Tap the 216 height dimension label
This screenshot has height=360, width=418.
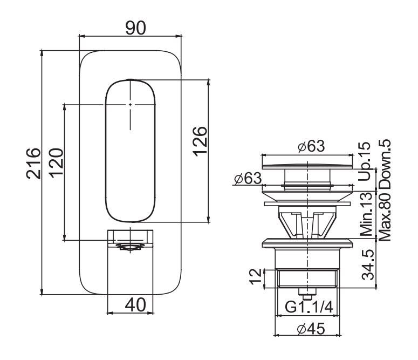click(33, 162)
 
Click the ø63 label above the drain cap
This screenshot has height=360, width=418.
click(309, 147)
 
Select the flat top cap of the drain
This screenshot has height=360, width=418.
click(307, 160)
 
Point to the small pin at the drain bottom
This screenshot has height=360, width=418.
click(307, 296)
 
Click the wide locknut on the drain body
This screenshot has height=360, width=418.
click(307, 243)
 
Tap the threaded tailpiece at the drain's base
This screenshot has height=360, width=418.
click(307, 278)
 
